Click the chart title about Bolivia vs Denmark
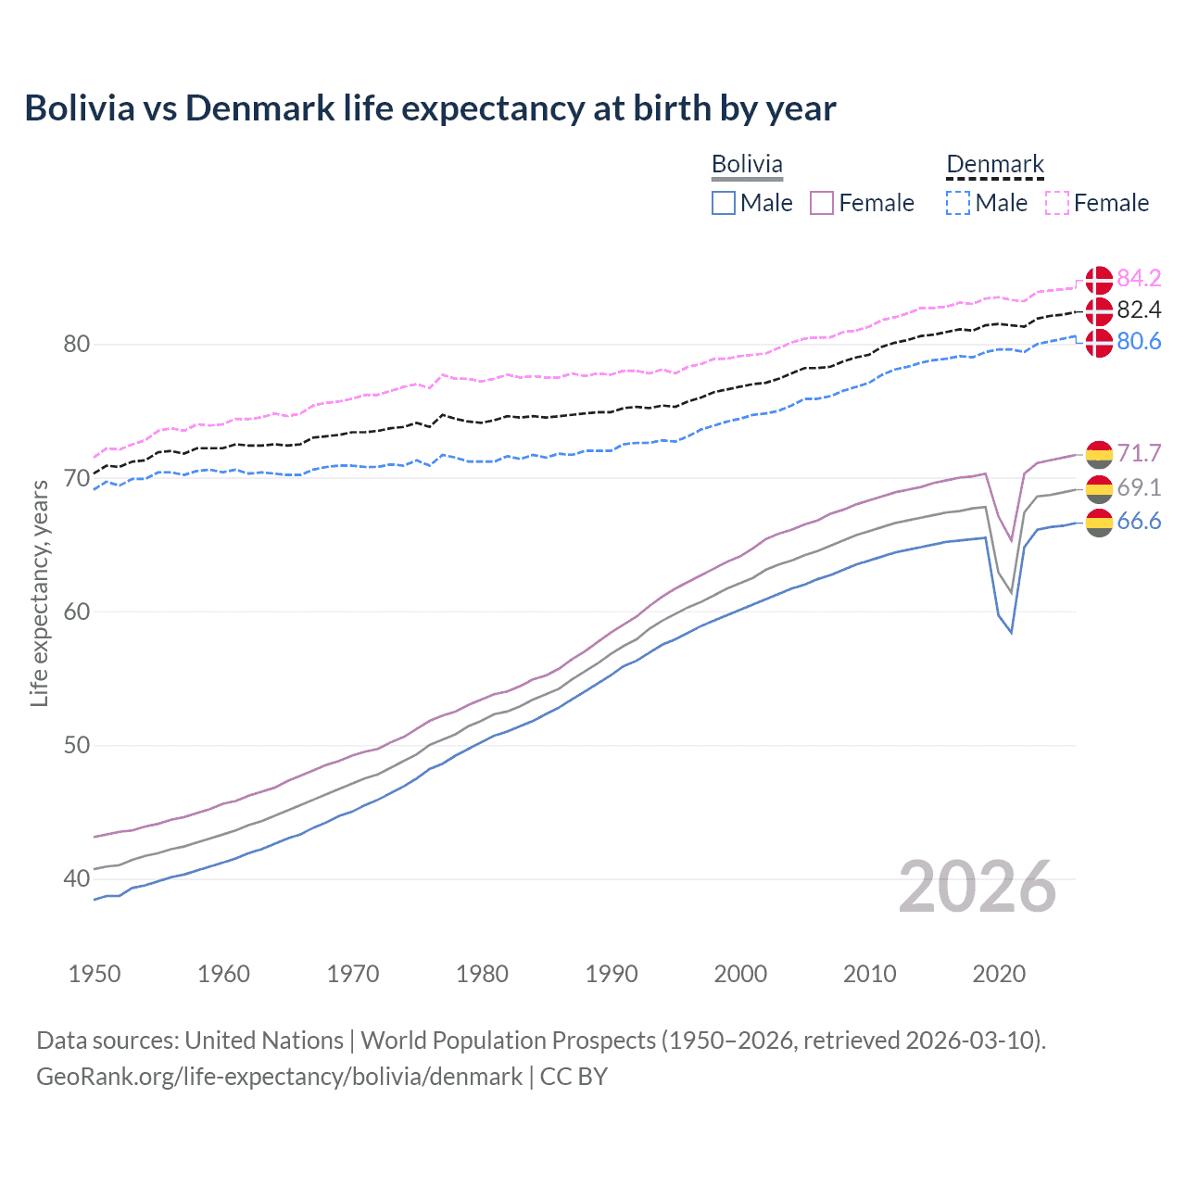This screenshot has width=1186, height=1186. coord(430,108)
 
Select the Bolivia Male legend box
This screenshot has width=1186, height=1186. coord(724,203)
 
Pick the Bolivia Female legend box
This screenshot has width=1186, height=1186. coord(822,203)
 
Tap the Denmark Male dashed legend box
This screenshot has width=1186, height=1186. coord(958,203)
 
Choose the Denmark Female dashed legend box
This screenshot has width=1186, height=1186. coord(1057,203)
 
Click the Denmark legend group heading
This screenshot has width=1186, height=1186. coord(995,165)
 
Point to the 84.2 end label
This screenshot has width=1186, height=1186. coord(1139,278)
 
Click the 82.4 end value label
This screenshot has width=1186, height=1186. coord(1139,309)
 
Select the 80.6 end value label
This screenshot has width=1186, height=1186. coord(1139,341)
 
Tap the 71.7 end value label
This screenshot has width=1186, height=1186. coord(1139,453)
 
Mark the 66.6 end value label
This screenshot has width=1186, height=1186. coord(1139,521)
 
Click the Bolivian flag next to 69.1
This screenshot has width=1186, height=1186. coord(1099,487)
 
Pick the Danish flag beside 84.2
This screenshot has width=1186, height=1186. coord(1099,279)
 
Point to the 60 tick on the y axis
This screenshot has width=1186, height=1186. coord(77,612)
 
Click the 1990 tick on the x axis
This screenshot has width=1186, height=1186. coord(612,974)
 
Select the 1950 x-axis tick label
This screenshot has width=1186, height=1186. coord(95,974)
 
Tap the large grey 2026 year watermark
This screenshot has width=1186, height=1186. coord(977,887)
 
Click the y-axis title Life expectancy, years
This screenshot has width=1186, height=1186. coord(39,593)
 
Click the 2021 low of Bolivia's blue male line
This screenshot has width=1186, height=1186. coord(1011,633)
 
